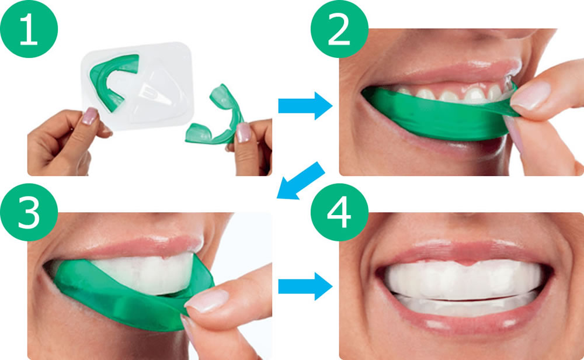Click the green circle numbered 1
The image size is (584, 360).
(x=29, y=29)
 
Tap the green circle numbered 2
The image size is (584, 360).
(x=339, y=29)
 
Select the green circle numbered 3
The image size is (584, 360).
(x=29, y=212)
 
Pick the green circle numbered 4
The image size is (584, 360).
(x=339, y=212)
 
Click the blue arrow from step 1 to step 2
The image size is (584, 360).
(x=305, y=106)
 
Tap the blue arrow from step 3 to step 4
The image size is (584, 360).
(x=305, y=286)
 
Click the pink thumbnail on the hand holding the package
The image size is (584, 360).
(x=89, y=116)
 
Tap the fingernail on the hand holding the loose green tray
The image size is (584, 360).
(x=243, y=132)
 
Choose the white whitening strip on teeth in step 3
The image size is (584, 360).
(x=145, y=274)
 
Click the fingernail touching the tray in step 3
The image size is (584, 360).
(x=207, y=300)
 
